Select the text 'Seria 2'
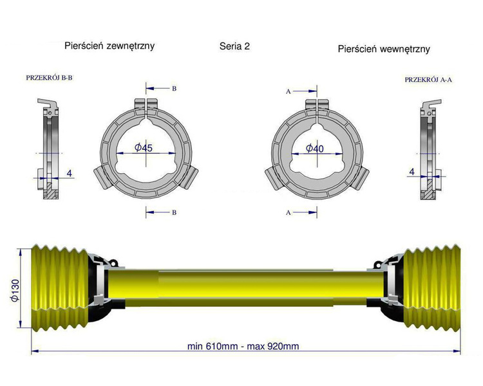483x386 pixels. pos(234,47)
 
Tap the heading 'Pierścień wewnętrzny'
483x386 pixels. pos(383,48)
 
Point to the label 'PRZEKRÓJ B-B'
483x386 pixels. pos(50,77)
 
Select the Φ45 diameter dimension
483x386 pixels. pos(144,148)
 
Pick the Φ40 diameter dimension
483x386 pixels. pos(314,149)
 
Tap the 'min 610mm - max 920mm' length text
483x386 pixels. pos(243,346)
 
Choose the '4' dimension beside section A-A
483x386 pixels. pos(412,172)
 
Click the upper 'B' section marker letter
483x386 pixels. pos(173,88)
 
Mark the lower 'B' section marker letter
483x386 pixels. pos(173,211)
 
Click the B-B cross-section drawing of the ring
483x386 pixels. pos(50,151)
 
